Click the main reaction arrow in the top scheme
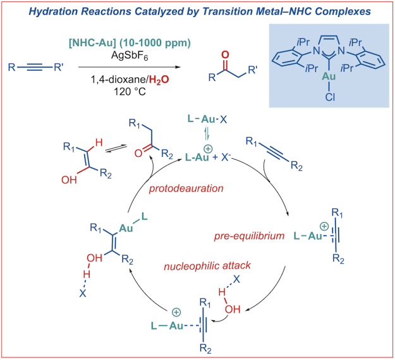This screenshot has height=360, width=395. tap(126, 67)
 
